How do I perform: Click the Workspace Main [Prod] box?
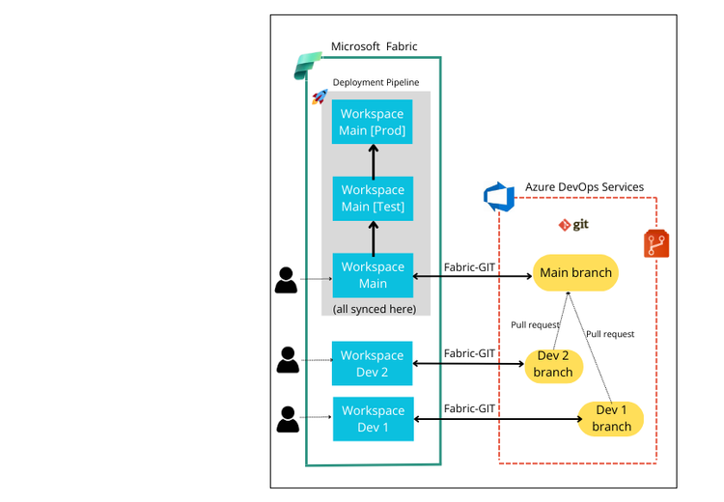tap(373, 122)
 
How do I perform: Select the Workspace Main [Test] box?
tap(373, 199)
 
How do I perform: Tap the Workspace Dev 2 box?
tap(373, 363)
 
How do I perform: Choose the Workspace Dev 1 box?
tap(373, 419)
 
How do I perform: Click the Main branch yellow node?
tap(575, 272)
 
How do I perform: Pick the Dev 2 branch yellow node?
tap(553, 364)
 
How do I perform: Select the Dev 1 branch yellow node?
tap(611, 418)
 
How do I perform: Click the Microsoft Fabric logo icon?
tap(308, 67)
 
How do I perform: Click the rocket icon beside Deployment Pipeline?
tap(320, 97)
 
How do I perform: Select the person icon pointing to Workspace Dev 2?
tap(288, 360)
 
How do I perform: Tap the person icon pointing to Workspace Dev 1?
tap(288, 419)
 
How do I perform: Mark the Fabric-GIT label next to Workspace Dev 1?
tap(469, 408)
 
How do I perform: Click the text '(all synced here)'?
tap(374, 309)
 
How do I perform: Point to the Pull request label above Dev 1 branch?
tap(610, 334)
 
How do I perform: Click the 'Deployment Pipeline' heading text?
tap(376, 83)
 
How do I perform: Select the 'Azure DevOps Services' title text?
tap(584, 187)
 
